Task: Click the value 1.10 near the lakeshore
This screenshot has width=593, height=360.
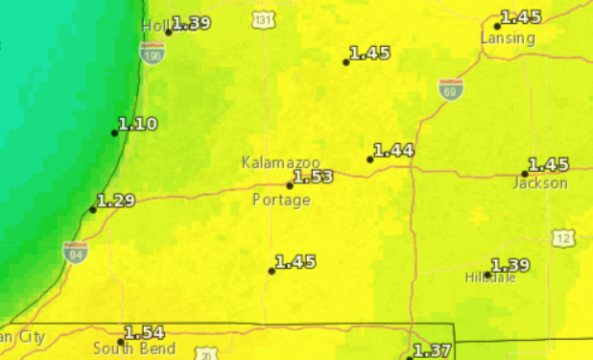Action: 137,124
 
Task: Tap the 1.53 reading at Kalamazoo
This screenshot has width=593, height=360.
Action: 313,177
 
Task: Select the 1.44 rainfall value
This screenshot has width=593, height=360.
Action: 393,151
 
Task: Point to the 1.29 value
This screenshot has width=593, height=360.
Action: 116,201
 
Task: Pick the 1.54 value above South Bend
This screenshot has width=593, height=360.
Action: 145,333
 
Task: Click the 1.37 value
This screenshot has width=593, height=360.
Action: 431,350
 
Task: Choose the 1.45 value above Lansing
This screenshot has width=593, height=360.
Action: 521,17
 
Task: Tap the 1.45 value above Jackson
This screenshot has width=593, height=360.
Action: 548,165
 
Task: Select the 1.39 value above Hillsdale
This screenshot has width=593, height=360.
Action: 510,265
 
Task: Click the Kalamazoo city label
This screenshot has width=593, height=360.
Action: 281,163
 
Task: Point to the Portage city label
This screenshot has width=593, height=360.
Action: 281,200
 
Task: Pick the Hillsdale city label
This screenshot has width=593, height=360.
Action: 490,277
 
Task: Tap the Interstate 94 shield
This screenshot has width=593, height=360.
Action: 76,252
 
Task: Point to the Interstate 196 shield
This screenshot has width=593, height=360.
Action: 152,56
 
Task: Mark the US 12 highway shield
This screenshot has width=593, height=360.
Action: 563,238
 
